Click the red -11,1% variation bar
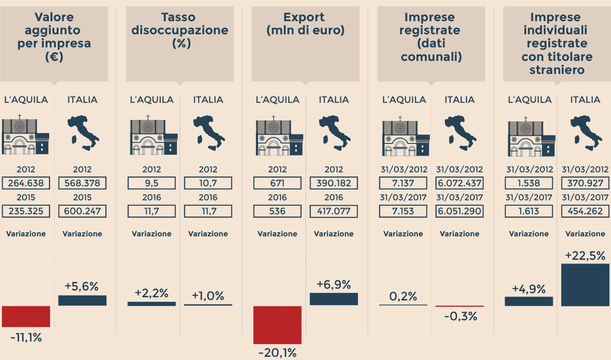click(26, 316)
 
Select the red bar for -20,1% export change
click(277, 325)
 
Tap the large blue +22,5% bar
click(585, 285)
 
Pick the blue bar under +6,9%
click(333, 299)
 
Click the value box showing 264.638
click(26, 183)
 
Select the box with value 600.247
click(82, 211)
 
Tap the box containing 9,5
click(152, 183)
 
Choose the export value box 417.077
click(333, 211)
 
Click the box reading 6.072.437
click(459, 183)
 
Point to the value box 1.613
click(528, 211)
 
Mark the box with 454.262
click(585, 211)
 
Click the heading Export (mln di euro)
click(305, 24)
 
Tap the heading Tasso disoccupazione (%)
click(180, 30)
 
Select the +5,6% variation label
click(82, 286)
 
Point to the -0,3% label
click(460, 316)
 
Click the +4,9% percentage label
click(528, 289)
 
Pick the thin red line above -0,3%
click(459, 306)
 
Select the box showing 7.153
click(403, 211)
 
